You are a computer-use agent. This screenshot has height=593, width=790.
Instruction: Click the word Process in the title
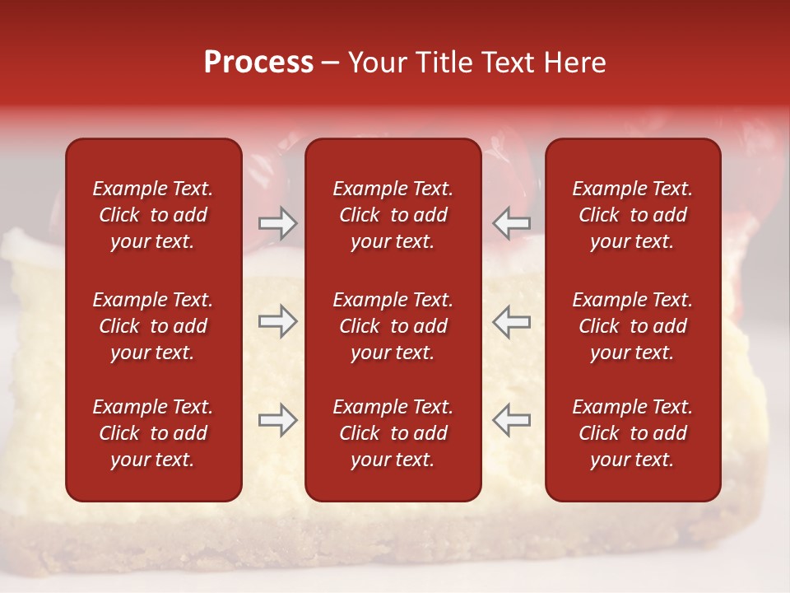258,63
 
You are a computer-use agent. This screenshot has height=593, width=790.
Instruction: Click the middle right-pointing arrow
277,322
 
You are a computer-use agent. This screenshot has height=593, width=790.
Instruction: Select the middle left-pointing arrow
511,322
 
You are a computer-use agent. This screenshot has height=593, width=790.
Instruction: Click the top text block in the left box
153,215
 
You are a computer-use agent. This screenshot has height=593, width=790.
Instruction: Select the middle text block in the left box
153,326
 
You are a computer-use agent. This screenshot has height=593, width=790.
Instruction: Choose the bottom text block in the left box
153,433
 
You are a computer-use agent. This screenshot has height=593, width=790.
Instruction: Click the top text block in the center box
393,215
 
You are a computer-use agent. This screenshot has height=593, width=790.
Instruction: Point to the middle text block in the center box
393,326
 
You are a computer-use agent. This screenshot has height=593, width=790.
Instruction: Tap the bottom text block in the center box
393,433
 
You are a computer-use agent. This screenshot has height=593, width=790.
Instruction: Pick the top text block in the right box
632,215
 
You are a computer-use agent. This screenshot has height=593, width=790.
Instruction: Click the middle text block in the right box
632,326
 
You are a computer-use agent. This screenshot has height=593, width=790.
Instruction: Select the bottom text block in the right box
632,433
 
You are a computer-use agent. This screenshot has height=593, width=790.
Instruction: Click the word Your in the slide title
377,63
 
